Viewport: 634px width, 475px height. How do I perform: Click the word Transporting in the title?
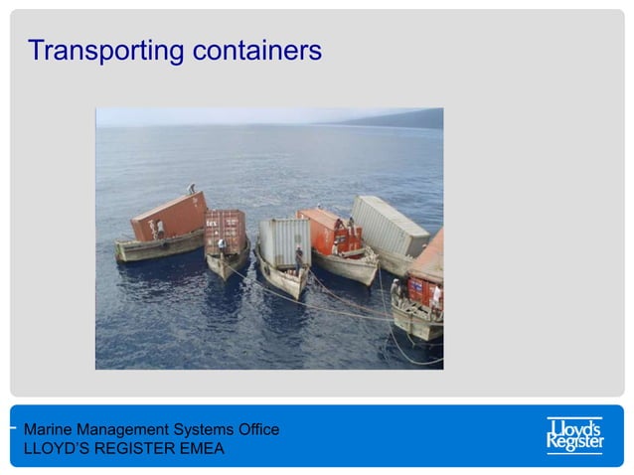pos(95,51)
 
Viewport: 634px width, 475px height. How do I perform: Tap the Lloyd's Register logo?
pos(574,435)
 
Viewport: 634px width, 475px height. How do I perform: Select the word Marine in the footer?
pos(49,429)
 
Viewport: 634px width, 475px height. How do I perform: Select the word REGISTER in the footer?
pos(128,448)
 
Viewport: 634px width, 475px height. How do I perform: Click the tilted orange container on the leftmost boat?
pos(169,216)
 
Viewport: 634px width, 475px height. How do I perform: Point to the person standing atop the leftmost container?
pos(192,188)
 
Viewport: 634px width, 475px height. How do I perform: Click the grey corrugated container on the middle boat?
pos(284,239)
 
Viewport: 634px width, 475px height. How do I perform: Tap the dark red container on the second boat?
pos(226,231)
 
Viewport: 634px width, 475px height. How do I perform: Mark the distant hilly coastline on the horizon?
pos(397,119)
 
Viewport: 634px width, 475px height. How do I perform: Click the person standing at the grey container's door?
pos(298,256)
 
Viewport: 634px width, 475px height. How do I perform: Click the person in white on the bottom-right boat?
pos(435,295)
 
